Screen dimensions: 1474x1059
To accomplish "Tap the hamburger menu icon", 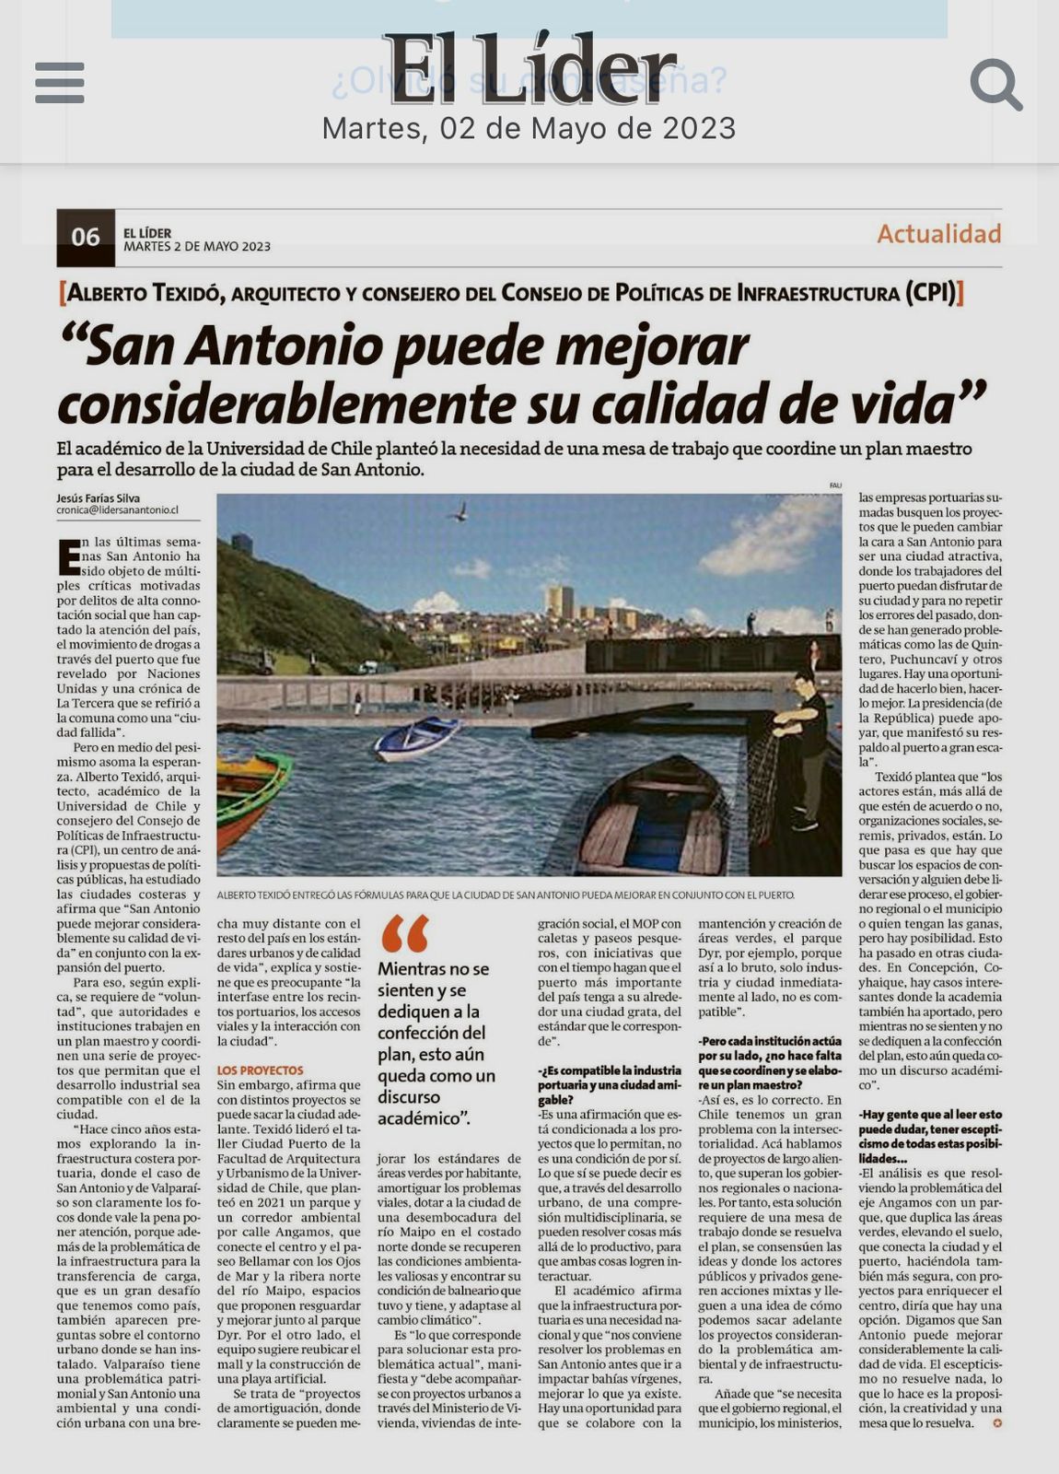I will [x=60, y=83].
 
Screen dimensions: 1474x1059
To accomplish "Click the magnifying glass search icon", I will [x=995, y=85].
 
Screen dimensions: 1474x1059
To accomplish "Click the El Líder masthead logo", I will [x=529, y=69].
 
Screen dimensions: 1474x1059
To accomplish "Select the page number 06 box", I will [x=86, y=237].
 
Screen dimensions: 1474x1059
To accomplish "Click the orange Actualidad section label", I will [x=938, y=234].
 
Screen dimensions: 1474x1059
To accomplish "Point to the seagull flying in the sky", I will [x=459, y=512].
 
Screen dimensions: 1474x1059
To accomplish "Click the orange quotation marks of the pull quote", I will [x=404, y=933].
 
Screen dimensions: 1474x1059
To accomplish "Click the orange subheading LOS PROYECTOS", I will [x=260, y=1070].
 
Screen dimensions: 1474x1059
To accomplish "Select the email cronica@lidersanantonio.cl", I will [x=117, y=509].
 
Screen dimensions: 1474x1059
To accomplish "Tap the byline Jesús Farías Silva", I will [x=99, y=498].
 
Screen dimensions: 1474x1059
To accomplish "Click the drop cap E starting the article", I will [x=68, y=556].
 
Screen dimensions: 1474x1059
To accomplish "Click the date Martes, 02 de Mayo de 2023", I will [x=529, y=128].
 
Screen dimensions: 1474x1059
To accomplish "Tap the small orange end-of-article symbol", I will [x=996, y=1423].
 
